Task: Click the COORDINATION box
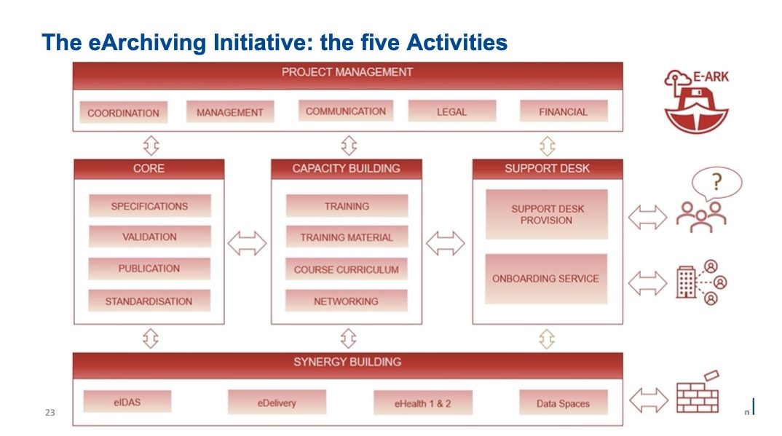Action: (x=123, y=113)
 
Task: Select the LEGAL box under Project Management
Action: (x=452, y=111)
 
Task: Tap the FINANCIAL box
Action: (x=564, y=111)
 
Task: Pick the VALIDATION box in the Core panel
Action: (x=149, y=237)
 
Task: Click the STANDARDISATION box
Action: (x=149, y=301)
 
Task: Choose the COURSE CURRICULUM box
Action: (x=346, y=269)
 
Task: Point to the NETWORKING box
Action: (x=346, y=301)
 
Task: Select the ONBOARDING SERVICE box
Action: (x=546, y=279)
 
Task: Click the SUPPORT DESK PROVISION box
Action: (x=547, y=214)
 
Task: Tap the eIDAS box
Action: (x=127, y=402)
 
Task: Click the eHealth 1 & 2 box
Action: (x=422, y=403)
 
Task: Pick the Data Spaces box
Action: (x=564, y=403)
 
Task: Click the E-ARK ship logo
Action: (x=696, y=102)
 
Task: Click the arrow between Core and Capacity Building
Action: (x=248, y=243)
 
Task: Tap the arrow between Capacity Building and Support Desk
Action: (x=446, y=243)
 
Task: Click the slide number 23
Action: (x=50, y=412)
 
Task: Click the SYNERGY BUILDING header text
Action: (x=347, y=362)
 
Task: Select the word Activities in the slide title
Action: (x=457, y=42)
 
